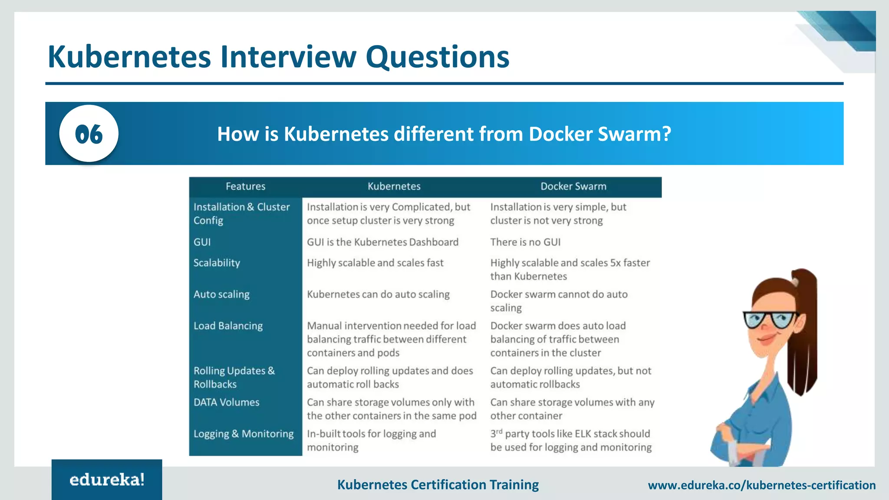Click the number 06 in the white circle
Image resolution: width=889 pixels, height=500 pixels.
[89, 134]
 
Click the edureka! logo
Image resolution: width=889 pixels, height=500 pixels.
[107, 480]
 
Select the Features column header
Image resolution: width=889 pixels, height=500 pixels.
[245, 187]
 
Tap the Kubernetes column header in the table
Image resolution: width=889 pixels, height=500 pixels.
[394, 187]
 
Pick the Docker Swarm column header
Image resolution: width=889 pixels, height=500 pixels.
[573, 187]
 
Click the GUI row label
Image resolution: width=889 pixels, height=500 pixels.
[202, 242]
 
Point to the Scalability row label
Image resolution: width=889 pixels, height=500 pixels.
[217, 263]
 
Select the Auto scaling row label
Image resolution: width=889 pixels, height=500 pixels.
[221, 294]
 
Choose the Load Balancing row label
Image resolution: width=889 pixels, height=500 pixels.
[228, 326]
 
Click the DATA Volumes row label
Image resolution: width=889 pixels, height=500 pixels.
[226, 402]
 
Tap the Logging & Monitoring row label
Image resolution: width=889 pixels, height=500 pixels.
[244, 434]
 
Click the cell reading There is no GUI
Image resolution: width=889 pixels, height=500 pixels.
[525, 242]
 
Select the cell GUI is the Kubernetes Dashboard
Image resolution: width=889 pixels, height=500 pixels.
[382, 242]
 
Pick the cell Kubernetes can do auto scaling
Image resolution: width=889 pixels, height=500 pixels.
[378, 294]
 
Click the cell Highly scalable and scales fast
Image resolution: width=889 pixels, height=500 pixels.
[375, 263]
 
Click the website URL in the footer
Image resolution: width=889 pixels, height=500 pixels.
[761, 485]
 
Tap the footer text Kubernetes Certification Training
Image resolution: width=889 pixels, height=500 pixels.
[438, 484]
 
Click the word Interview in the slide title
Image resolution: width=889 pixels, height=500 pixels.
[288, 57]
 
